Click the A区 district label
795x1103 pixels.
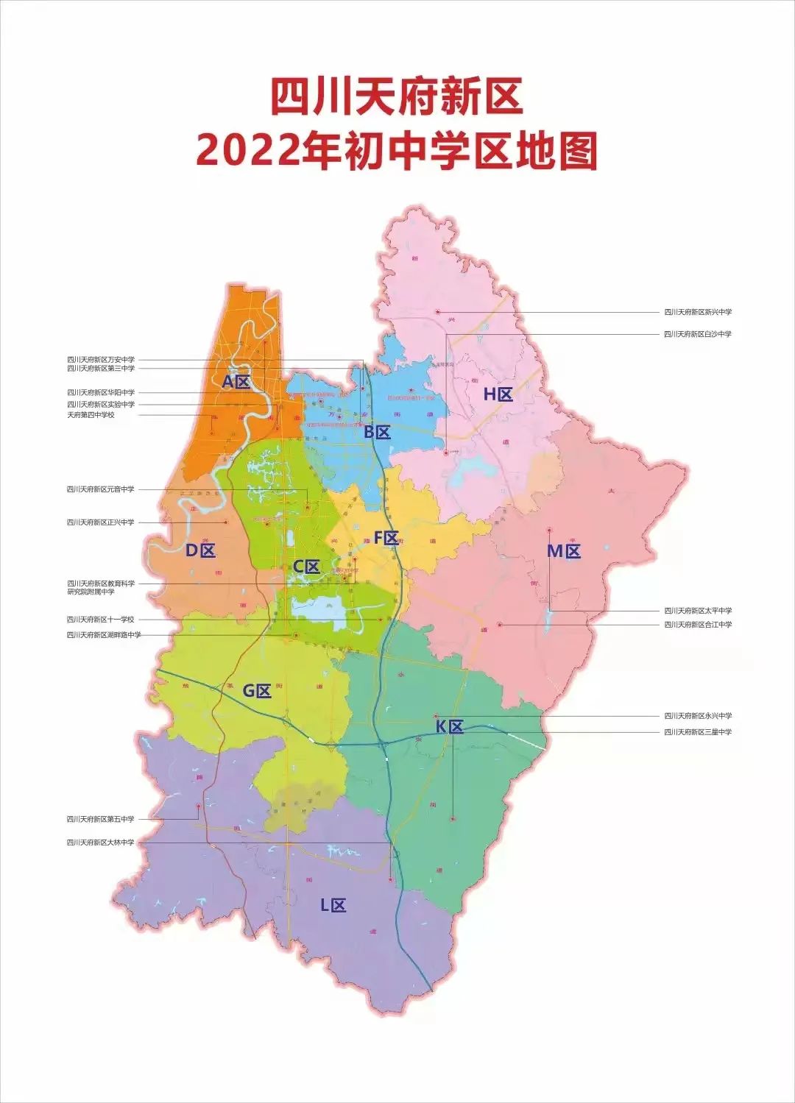[x=236, y=382]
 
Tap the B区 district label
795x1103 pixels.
[x=377, y=433]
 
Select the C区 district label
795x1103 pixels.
[x=306, y=567]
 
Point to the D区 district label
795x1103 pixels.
[x=200, y=550]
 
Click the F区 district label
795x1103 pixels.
[x=386, y=538]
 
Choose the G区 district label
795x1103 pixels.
[x=258, y=690]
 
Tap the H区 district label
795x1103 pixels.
[x=498, y=394]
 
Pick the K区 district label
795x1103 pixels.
[x=449, y=727]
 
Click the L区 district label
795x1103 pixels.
[x=333, y=905]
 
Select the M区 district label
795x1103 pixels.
[x=564, y=550]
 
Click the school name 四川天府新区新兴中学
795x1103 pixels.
[x=698, y=312]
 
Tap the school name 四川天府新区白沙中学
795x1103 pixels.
[x=698, y=334]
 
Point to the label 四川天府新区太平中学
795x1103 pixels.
[x=698, y=611]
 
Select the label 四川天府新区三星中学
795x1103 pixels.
[x=698, y=732]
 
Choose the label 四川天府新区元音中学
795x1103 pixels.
[x=101, y=489]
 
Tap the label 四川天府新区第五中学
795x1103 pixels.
[x=101, y=819]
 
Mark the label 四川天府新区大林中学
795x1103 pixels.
[x=101, y=843]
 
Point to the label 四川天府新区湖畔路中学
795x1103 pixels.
[x=104, y=635]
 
